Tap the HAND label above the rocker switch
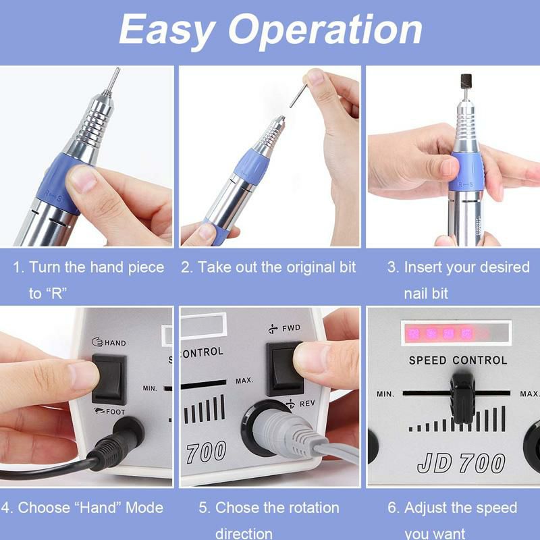point(114,343)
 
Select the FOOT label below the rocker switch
point(115,411)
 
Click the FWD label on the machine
point(291,328)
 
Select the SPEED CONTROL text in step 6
point(458,360)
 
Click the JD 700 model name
point(461,463)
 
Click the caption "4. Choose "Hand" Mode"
point(82,508)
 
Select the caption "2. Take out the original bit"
point(268,267)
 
